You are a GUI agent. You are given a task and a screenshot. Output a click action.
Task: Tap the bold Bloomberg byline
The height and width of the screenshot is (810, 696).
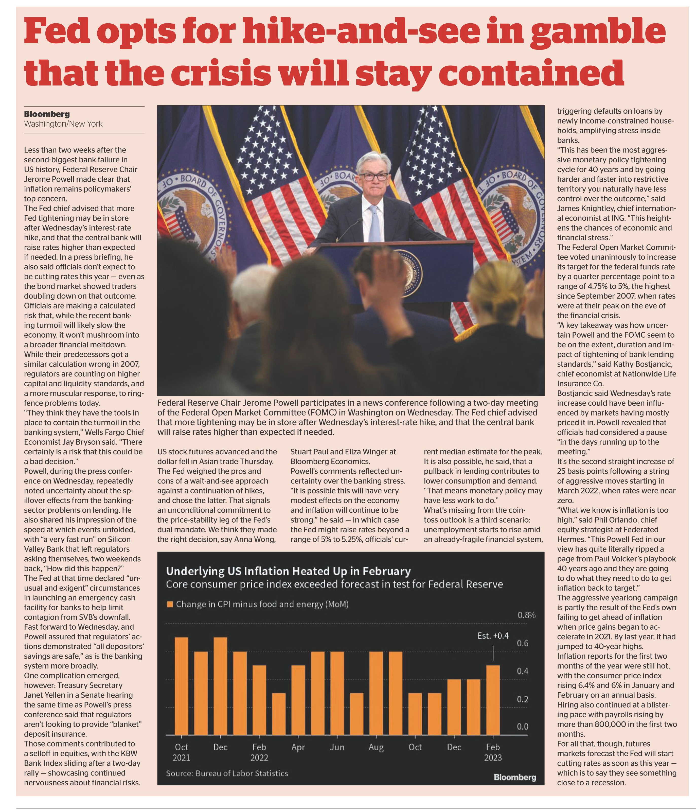(47, 114)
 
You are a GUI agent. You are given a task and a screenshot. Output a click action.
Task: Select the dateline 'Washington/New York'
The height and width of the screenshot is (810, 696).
(63, 124)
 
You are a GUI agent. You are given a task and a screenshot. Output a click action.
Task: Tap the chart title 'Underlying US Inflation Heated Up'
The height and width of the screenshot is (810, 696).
(288, 571)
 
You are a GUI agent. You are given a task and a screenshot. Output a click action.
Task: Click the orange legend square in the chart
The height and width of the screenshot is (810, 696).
(170, 604)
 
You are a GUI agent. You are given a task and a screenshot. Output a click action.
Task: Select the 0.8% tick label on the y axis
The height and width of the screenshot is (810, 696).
(526, 615)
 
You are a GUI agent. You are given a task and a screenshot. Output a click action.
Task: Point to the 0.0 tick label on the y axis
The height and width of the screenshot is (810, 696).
(523, 726)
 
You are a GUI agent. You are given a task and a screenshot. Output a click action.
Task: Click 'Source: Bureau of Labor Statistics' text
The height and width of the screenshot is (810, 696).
(227, 773)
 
